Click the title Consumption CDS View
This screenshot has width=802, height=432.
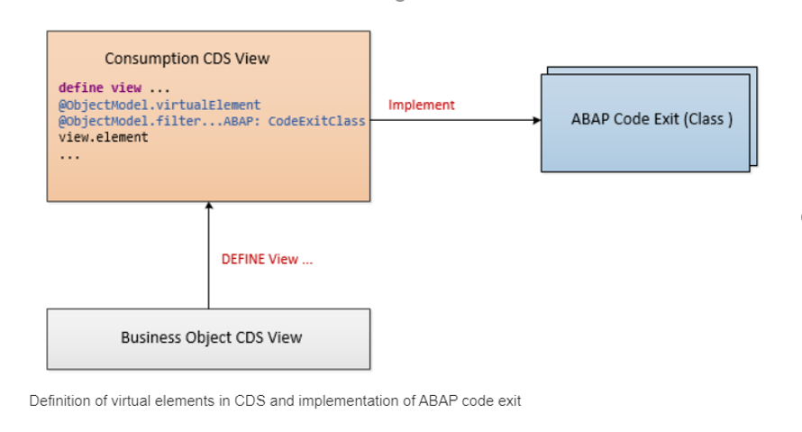coord(187,59)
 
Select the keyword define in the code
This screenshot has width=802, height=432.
coord(81,87)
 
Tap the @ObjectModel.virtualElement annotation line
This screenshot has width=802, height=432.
coord(159,105)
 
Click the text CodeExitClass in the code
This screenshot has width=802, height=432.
coord(317,121)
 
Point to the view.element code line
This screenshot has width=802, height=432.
coord(104,137)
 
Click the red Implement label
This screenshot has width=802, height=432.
coord(422,105)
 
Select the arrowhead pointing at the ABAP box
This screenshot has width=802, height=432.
coord(537,120)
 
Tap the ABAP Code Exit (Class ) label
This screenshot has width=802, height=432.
coord(652,119)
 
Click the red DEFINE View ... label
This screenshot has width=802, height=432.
coord(267,260)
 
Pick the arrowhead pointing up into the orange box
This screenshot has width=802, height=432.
coord(209,206)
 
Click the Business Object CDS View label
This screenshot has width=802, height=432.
coord(212,338)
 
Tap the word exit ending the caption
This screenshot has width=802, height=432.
coord(511,400)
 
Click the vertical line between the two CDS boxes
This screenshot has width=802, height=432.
coord(209,255)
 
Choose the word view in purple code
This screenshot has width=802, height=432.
coord(126,87)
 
